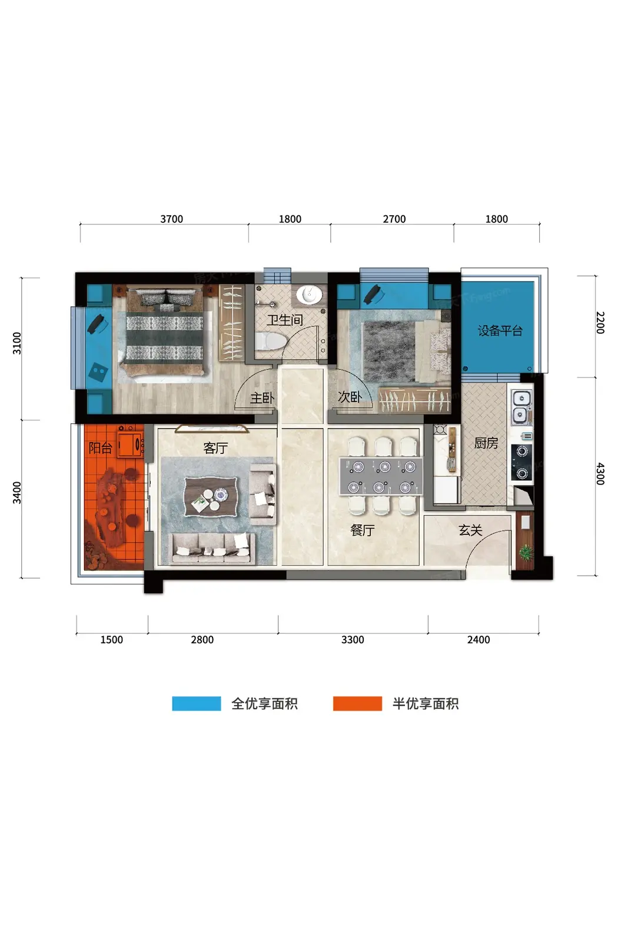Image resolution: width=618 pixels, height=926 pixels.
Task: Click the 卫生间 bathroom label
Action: [284, 320]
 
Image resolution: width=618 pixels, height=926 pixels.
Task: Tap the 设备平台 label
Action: [500, 330]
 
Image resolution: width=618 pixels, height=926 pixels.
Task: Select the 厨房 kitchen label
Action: [486, 443]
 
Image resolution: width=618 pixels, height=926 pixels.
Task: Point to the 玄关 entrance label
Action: [470, 530]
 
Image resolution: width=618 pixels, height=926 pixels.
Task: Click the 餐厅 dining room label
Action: [362, 530]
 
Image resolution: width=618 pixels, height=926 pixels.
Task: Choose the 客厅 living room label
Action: [215, 447]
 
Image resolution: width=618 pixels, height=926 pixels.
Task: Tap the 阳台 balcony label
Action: [100, 447]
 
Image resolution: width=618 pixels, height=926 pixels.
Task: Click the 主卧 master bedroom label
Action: [261, 398]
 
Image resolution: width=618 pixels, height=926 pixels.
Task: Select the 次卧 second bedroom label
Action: [350, 397]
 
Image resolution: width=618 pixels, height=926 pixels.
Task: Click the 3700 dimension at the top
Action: [171, 219]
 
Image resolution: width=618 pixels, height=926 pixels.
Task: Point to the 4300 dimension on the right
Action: [600, 474]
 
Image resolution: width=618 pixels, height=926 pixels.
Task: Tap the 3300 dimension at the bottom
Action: [352, 640]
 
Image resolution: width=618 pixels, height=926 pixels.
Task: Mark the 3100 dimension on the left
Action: [16, 343]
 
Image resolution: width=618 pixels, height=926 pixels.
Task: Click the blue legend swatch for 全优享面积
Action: [196, 704]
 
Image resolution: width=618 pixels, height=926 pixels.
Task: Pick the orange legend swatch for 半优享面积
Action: [357, 704]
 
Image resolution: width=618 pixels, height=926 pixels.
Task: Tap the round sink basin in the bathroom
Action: [309, 295]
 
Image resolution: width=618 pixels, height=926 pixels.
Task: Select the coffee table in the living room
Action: [212, 496]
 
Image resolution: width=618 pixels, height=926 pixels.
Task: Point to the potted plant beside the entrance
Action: [525, 552]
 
